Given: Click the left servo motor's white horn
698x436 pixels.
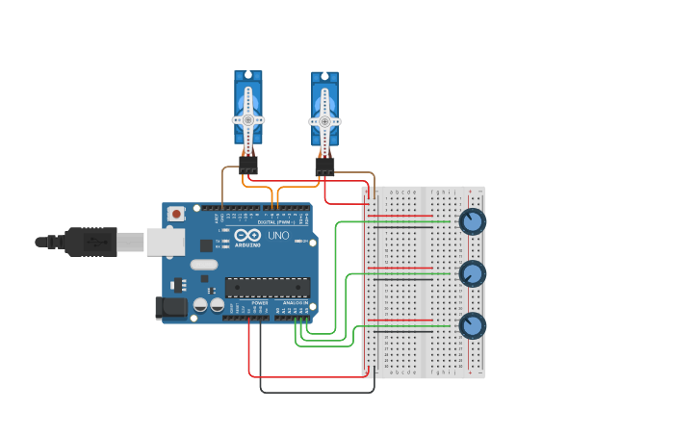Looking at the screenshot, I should tap(247, 119).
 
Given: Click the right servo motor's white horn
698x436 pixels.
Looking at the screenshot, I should tap(324, 121).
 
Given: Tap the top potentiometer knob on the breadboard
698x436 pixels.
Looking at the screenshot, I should tap(472, 221).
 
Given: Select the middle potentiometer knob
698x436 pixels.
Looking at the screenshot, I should tap(472, 273).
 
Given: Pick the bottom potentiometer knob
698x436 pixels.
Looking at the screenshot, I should tap(472, 325).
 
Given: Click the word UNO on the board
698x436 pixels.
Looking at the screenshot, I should tap(278, 236).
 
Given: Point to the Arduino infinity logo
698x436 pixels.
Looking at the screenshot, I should tap(247, 235).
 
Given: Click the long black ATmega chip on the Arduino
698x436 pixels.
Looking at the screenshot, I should tap(268, 287).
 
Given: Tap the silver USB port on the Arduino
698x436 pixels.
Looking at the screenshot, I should tap(165, 242).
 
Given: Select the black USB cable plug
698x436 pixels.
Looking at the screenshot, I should tap(92, 242).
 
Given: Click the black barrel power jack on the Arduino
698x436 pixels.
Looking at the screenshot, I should tap(171, 308).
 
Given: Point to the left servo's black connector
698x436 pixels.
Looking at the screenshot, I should tap(248, 165).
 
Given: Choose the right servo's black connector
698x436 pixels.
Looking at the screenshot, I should tap(324, 167).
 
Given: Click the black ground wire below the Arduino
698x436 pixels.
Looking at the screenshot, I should tap(318, 392).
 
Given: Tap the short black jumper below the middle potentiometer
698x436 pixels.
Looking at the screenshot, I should tap(400, 279).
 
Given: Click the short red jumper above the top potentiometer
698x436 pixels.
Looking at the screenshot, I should tap(400, 216).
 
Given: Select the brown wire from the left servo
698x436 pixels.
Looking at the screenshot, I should tap(223, 183).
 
